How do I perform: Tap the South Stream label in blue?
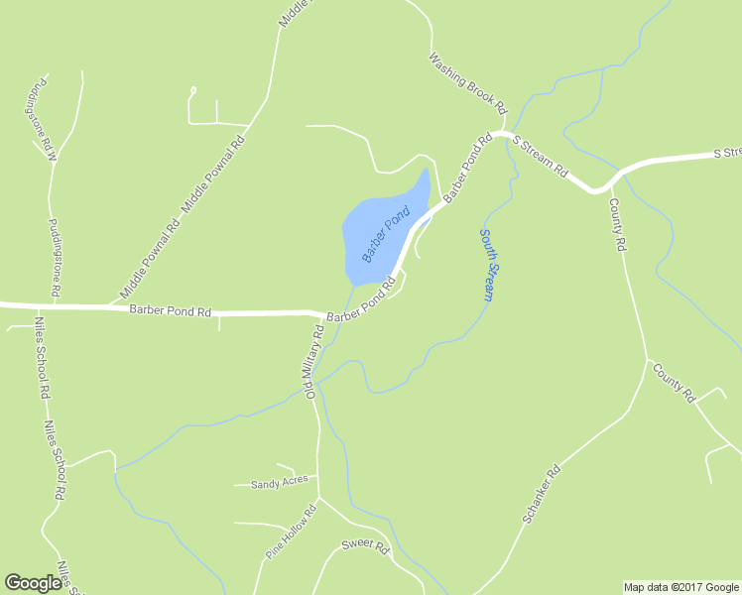[x=487, y=265]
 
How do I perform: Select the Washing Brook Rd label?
[x=467, y=82]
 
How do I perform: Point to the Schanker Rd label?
[x=541, y=495]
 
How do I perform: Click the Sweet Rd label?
[x=365, y=546]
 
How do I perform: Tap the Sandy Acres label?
[x=280, y=484]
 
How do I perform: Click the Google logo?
[x=33, y=584]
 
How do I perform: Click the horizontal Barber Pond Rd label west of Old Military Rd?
[x=171, y=311]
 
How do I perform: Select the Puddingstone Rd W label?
[x=41, y=118]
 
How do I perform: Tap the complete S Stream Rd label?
[x=540, y=155]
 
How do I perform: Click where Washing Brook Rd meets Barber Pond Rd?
[x=503, y=132]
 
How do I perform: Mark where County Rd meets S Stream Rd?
[x=607, y=185]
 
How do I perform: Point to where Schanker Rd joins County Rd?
[x=647, y=360]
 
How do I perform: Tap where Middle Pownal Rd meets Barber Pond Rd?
[x=109, y=305]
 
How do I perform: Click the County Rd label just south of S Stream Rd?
[x=618, y=224]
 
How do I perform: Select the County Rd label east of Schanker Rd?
[x=674, y=383]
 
